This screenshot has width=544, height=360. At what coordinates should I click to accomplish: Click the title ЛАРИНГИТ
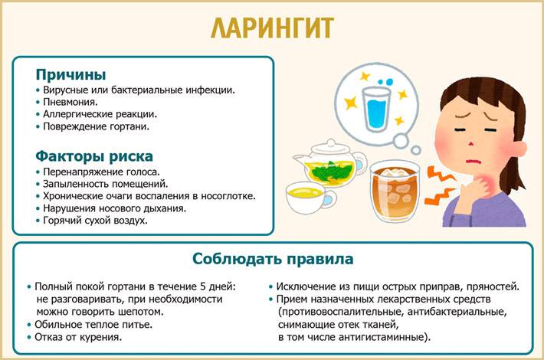pyautogui.click(x=272, y=28)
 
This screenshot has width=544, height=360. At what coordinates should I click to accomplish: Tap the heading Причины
pyautogui.click(x=70, y=74)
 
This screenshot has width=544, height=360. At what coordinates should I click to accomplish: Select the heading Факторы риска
pyautogui.click(x=94, y=156)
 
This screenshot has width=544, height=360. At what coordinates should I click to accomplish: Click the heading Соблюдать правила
pyautogui.click(x=273, y=259)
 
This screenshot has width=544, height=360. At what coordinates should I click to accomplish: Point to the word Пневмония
pyautogui.click(x=70, y=102)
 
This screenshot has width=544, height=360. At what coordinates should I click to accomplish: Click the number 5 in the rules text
pyautogui.click(x=203, y=286)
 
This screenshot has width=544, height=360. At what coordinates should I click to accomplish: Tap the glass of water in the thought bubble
pyautogui.click(x=375, y=108)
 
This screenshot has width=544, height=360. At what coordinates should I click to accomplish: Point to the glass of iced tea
pyautogui.click(x=395, y=191)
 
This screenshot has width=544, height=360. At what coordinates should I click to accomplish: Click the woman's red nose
pyautogui.click(x=470, y=143)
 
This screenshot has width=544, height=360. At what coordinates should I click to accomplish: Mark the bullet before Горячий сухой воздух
pyautogui.click(x=38, y=221)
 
